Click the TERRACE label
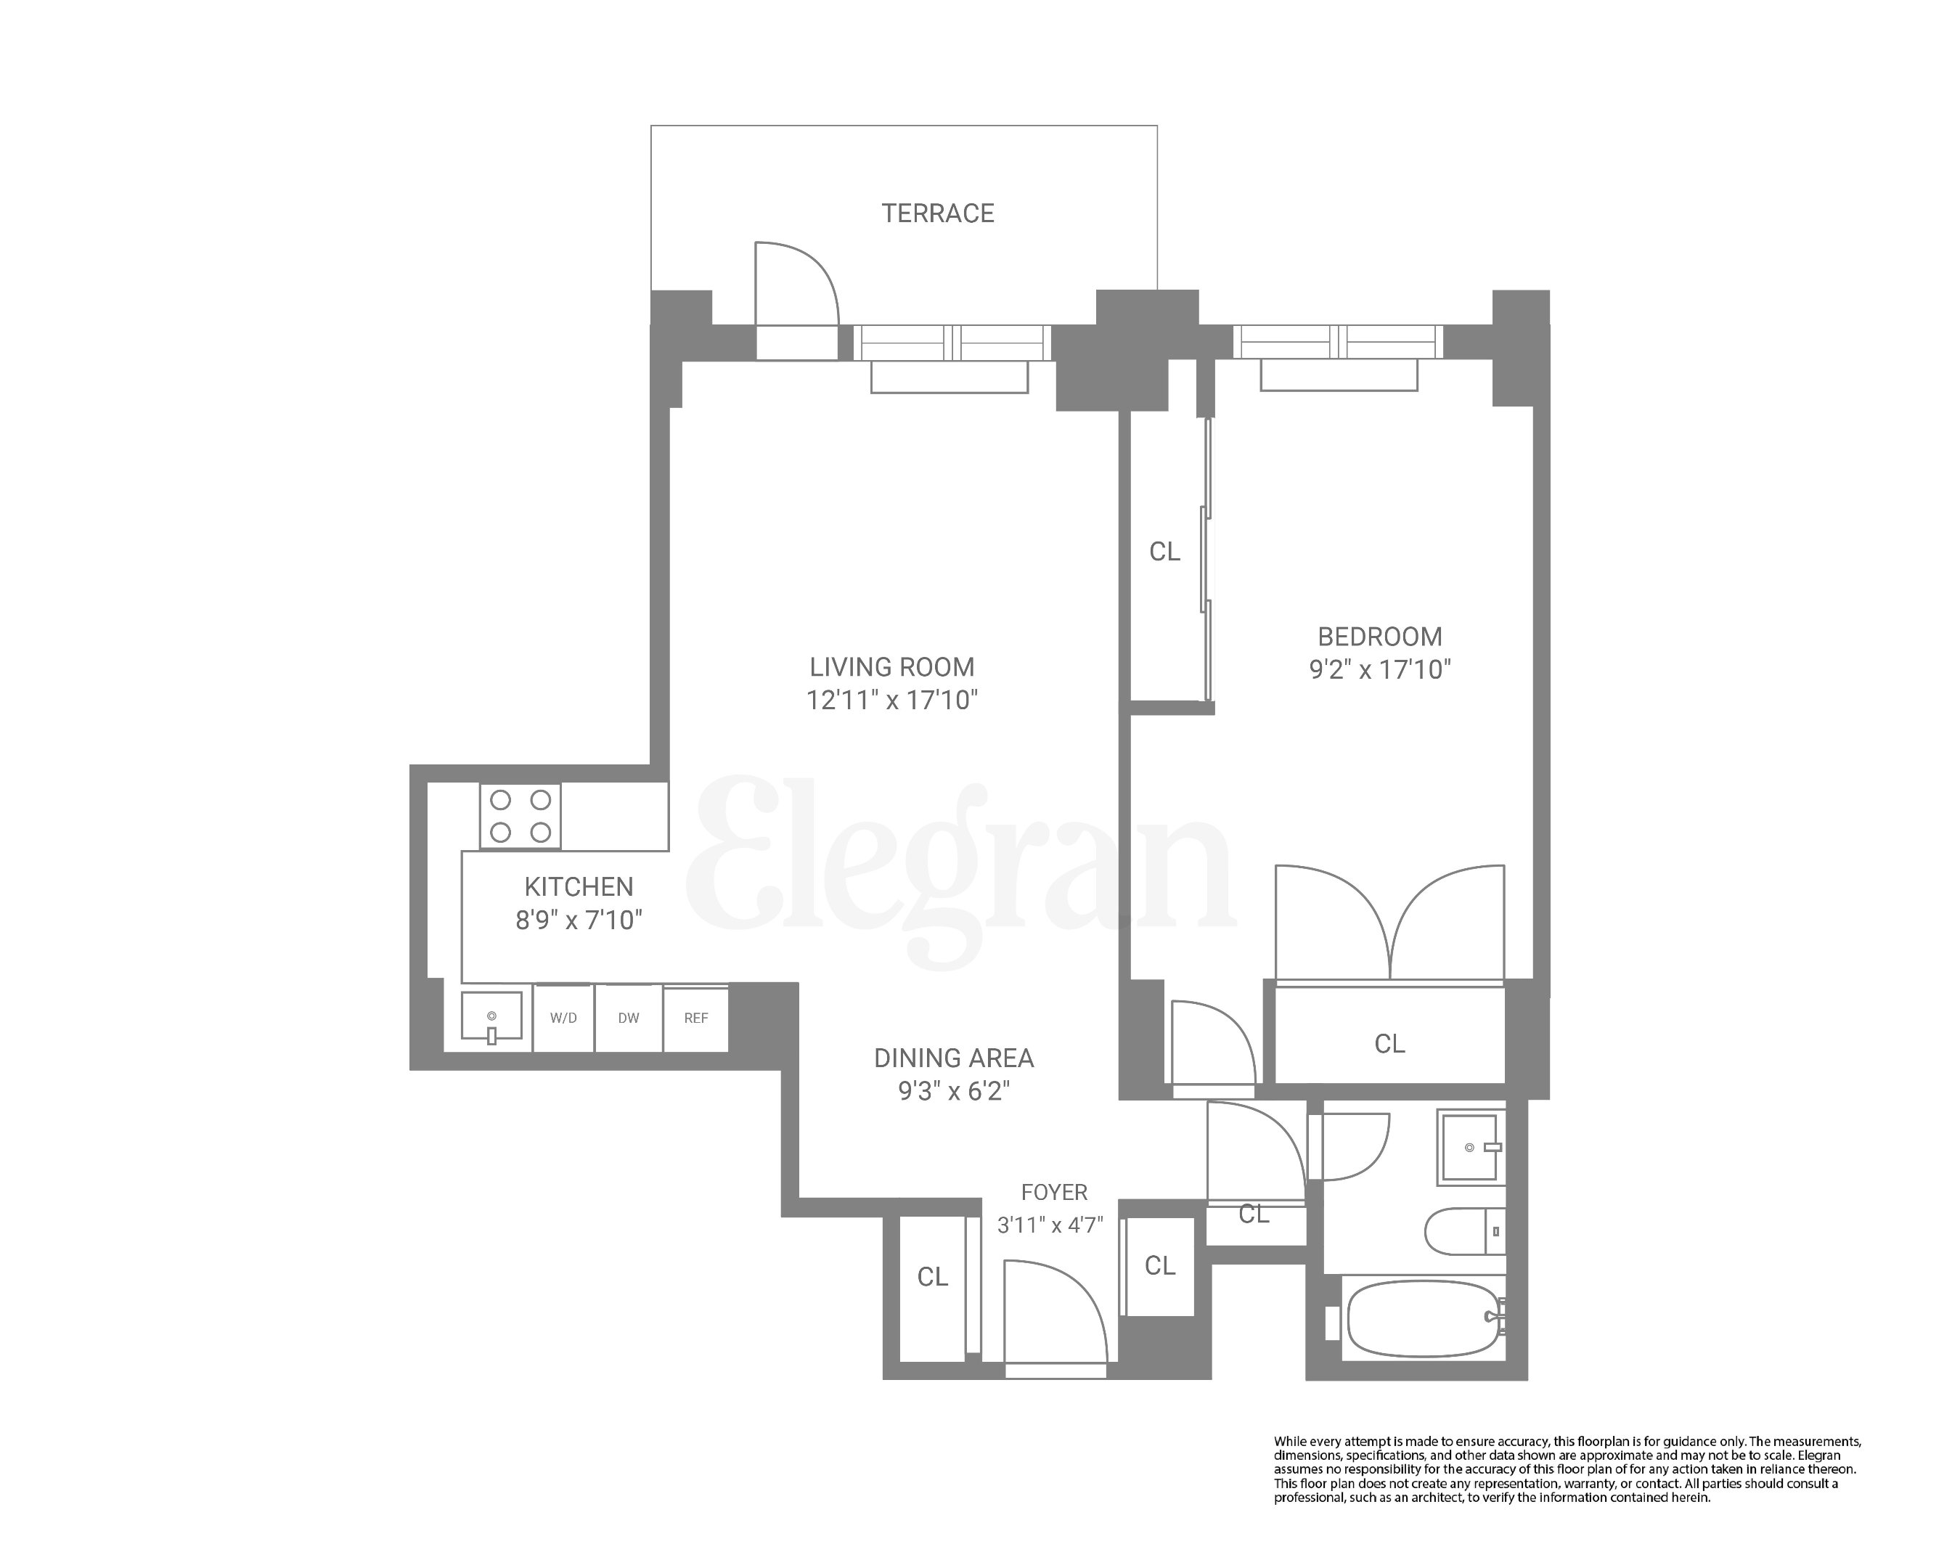937,213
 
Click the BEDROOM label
1379,637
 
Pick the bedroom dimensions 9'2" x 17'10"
1379,670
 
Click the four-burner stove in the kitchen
520,816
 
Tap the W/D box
563,1018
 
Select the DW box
628,1018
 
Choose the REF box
695,1018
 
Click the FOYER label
1053,1192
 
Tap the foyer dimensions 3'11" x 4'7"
1050,1225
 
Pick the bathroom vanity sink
1467,1147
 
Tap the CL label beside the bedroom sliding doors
1164,552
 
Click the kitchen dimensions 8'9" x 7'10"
578,920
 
